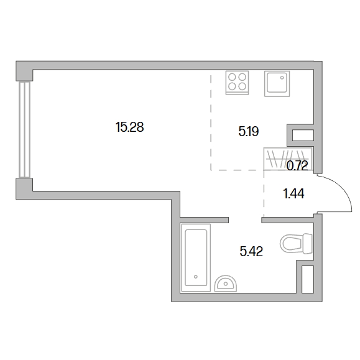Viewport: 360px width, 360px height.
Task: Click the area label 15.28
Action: click(x=130, y=127)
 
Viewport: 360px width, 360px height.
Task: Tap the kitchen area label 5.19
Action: click(x=249, y=131)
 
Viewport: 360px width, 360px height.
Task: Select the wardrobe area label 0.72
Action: click(x=297, y=165)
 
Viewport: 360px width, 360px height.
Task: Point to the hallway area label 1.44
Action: click(x=293, y=193)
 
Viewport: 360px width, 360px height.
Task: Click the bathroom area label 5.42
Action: click(x=251, y=251)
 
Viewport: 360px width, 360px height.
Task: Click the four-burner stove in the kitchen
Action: click(x=237, y=83)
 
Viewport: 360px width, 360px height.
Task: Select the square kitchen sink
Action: click(x=277, y=83)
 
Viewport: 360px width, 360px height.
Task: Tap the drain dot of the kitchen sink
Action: click(x=282, y=78)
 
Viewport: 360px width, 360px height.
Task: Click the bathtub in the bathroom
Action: click(x=196, y=258)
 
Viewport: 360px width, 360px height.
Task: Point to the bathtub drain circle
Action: click(x=196, y=277)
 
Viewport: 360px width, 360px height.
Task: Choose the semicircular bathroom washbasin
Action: click(x=226, y=284)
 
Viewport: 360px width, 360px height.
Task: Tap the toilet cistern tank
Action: click(x=308, y=243)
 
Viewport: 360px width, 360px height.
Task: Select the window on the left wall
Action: click(x=25, y=129)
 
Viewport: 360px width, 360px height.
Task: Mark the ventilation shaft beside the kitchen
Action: click(x=303, y=135)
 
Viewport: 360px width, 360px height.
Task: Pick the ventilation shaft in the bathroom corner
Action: click(x=308, y=279)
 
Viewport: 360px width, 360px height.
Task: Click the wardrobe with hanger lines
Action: click(x=288, y=159)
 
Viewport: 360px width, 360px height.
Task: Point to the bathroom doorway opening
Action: click(x=245, y=220)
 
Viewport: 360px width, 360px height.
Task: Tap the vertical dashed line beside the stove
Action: click(x=211, y=122)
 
